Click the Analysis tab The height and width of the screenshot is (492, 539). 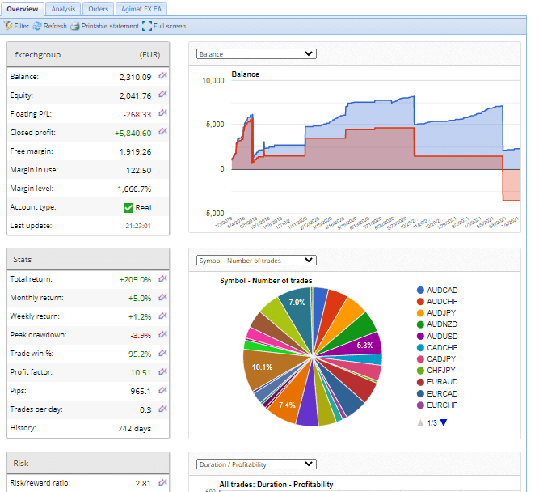point(62,9)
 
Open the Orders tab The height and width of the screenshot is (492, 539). point(98,9)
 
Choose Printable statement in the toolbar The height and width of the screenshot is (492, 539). point(104,26)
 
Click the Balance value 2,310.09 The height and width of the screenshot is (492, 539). point(136,77)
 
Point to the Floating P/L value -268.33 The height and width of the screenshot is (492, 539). point(137,114)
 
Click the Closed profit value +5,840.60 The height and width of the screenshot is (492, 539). point(133,133)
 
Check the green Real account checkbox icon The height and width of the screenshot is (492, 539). point(128,208)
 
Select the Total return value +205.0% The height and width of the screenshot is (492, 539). point(135,279)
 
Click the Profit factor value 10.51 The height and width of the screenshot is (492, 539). point(141,372)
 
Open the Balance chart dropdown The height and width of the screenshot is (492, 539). point(256,54)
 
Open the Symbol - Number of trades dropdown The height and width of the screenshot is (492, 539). point(256,261)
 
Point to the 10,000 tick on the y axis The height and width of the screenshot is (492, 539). point(213,81)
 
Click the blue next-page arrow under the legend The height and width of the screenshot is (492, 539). point(444,423)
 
